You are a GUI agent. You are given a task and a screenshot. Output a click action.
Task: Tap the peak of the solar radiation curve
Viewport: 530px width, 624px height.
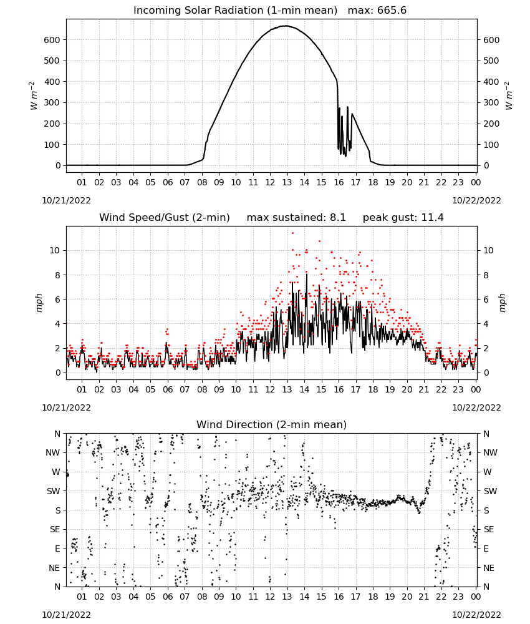(286, 26)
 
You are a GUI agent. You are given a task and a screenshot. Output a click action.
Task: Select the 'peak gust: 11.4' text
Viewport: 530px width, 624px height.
(403, 217)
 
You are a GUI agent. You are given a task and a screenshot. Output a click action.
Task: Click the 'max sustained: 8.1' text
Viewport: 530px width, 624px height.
(296, 217)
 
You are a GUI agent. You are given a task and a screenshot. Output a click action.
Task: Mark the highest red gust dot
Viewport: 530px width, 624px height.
(292, 233)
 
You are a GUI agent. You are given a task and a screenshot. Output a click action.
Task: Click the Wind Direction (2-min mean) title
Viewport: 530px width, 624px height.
(272, 424)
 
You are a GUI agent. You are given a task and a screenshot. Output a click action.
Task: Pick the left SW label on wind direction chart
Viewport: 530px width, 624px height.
(53, 491)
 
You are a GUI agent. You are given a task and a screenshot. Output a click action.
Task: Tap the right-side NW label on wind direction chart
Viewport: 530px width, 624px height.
(490, 452)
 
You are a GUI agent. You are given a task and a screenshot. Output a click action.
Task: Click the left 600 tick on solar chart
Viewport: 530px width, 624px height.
(52, 40)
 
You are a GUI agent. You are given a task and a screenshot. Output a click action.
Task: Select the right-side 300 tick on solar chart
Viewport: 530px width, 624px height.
(491, 103)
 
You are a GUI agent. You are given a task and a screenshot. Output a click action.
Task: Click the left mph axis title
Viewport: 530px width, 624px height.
(39, 303)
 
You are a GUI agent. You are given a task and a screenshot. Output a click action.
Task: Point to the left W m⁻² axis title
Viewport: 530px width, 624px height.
(34, 95)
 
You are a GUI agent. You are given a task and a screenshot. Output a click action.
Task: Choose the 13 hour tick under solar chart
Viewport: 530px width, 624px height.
(287, 182)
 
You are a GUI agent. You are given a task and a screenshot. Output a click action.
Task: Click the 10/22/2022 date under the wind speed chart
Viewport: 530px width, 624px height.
(476, 407)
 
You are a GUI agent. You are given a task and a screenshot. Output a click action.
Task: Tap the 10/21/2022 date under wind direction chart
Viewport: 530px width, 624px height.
(66, 615)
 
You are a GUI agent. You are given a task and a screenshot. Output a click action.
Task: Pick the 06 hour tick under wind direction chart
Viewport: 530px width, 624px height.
(168, 597)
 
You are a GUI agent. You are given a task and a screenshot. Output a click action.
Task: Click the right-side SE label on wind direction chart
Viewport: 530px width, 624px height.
(489, 529)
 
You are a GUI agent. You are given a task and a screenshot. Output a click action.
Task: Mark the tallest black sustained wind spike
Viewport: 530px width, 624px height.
(307, 274)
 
